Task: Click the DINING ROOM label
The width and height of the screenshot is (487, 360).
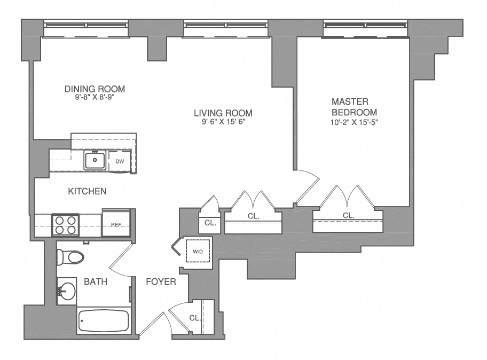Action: pos(95,89)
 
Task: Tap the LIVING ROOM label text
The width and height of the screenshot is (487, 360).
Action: pos(223,113)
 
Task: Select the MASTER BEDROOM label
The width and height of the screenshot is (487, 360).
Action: pos(354,107)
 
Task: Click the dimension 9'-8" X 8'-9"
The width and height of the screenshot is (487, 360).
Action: pos(95,97)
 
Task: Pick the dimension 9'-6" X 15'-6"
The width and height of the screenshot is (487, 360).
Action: pos(223,121)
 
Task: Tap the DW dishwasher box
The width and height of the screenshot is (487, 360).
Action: pos(119,160)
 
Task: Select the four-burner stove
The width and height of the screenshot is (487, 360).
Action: pos(65,225)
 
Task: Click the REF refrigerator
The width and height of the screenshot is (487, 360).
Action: pos(116,224)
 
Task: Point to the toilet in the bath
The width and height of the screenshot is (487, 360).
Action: pos(70,258)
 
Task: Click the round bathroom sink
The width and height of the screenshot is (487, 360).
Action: pos(67,292)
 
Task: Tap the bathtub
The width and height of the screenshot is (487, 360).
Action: pos(104,321)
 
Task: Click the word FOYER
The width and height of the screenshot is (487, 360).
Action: pos(161,281)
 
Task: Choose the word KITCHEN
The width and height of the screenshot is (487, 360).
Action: pos(87,191)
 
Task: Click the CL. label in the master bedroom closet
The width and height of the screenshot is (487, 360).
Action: pos(348,216)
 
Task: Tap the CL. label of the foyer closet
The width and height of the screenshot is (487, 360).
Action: pos(195,318)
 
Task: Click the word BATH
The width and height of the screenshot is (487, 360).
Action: pos(97,281)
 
